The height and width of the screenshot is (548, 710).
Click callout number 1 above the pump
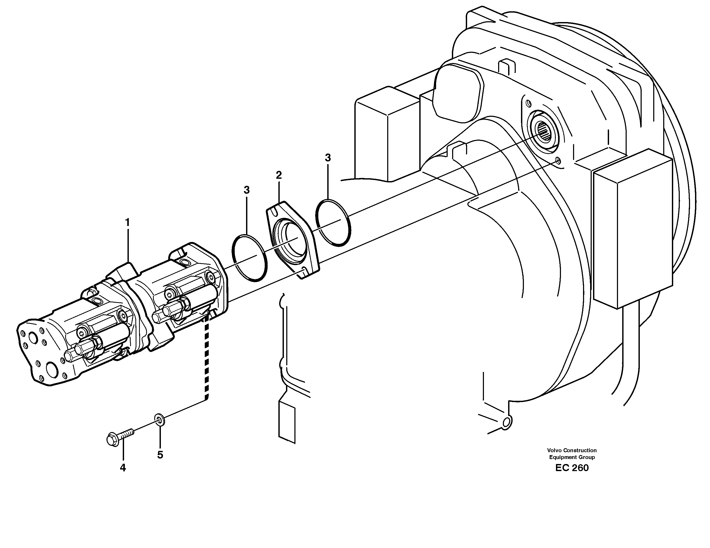tap(127, 222)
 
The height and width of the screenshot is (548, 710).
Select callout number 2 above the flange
tap(279, 175)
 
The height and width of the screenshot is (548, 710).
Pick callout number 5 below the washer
tap(160, 455)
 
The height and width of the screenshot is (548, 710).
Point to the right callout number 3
tap(328, 158)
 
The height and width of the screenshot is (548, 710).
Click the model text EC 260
tap(572, 468)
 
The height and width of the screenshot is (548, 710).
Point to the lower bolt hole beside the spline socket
tap(558, 160)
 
